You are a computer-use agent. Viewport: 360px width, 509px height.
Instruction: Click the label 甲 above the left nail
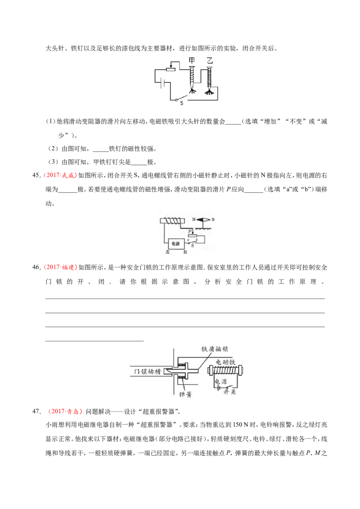192,60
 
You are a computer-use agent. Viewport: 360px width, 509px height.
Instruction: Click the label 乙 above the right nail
210,60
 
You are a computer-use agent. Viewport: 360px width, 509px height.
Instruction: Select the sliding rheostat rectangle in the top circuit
171,69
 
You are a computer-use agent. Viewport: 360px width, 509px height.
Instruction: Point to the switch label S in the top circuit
182,103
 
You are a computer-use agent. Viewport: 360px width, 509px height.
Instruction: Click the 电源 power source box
176,243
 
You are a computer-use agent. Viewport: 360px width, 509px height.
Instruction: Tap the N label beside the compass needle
193,219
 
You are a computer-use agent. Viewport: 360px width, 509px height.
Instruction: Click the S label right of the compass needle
213,219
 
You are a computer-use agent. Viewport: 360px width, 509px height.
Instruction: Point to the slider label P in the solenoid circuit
190,231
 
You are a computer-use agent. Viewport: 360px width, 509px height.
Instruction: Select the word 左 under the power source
168,252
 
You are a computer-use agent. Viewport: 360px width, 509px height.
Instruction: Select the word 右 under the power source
185,252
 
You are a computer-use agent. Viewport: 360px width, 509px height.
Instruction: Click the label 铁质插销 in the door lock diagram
215,349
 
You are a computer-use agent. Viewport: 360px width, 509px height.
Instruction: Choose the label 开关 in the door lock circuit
229,392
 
